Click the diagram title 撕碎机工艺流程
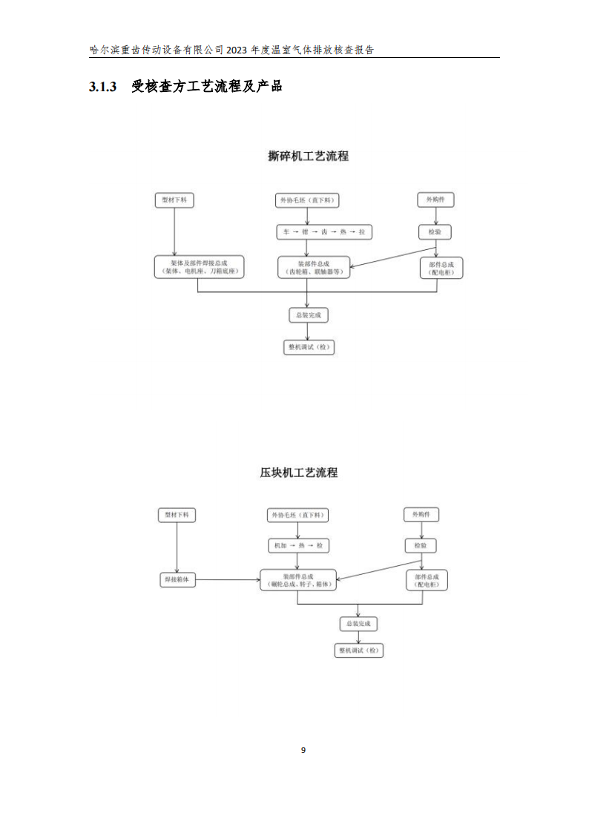pyautogui.click(x=308, y=157)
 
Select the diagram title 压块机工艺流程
pyautogui.click(x=298, y=473)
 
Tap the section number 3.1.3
pyautogui.click(x=103, y=87)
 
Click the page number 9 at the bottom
pyautogui.click(x=303, y=750)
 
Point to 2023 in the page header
pyautogui.click(x=236, y=50)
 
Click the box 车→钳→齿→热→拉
pyautogui.click(x=323, y=232)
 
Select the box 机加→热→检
pyautogui.click(x=298, y=546)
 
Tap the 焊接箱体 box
pyautogui.click(x=178, y=580)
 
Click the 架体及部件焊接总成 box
pyautogui.click(x=199, y=267)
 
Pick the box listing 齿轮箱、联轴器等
pyautogui.click(x=313, y=267)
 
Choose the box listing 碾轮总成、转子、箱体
pyautogui.click(x=297, y=580)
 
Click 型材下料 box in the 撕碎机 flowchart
pyautogui.click(x=174, y=200)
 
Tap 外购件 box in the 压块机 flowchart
pyautogui.click(x=421, y=514)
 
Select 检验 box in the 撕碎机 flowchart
pyautogui.click(x=434, y=232)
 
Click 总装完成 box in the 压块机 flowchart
pyautogui.click(x=358, y=624)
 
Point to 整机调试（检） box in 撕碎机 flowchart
pyautogui.click(x=308, y=346)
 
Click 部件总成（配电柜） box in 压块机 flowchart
pyautogui.click(x=427, y=580)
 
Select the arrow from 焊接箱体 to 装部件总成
pyautogui.click(x=228, y=580)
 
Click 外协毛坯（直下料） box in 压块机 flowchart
pyautogui.click(x=297, y=515)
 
